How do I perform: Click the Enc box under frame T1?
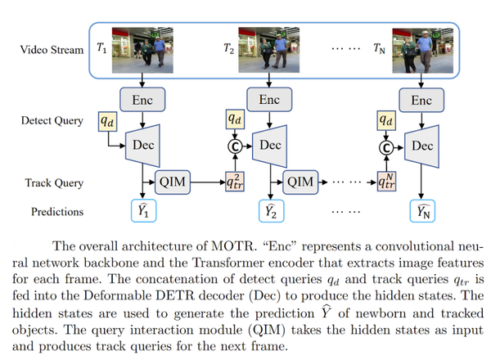click(x=142, y=100)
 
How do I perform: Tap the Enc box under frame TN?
click(x=421, y=100)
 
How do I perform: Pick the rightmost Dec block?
click(x=421, y=146)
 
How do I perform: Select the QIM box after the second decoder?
click(x=300, y=180)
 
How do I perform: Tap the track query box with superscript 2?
click(x=235, y=180)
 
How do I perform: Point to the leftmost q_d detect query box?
click(x=107, y=120)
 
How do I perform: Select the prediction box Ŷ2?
click(x=269, y=211)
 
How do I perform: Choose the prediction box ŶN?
click(x=421, y=211)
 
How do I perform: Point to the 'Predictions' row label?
click(x=58, y=211)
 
